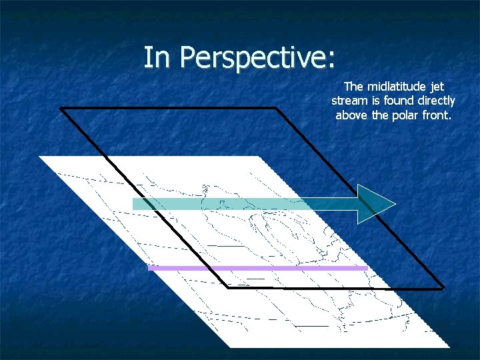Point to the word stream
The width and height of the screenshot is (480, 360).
click(x=349, y=101)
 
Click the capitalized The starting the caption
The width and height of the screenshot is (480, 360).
click(x=353, y=87)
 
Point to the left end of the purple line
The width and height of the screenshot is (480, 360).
click(x=149, y=268)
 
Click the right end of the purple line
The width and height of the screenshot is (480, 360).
click(x=366, y=268)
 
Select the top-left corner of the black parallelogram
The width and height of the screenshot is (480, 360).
click(x=61, y=108)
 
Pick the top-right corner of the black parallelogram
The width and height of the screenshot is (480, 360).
click(x=276, y=108)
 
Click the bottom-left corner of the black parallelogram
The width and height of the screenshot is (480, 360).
click(x=228, y=288)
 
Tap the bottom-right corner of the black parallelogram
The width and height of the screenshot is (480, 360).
click(x=443, y=288)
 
